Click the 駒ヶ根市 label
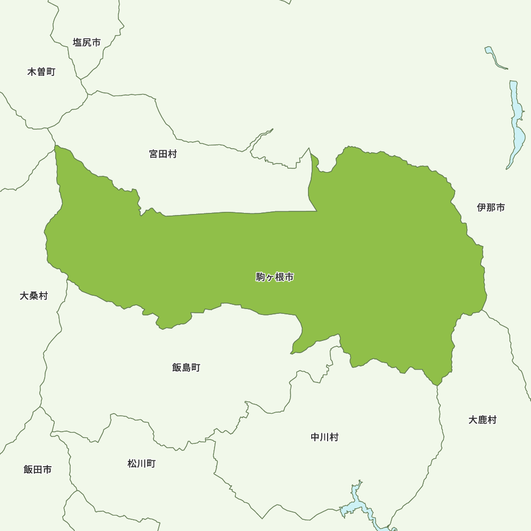275,277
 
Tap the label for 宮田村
163,155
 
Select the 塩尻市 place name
87,42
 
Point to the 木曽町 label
41,72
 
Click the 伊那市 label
491,208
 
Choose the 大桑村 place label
33,296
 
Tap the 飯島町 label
186,367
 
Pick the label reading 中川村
324,438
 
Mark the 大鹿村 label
482,420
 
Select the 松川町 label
141,464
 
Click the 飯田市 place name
38,469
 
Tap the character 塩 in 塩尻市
78,42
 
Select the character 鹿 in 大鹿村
482,420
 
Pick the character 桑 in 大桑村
33,296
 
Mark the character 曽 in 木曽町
41,72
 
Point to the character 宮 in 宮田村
153,155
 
